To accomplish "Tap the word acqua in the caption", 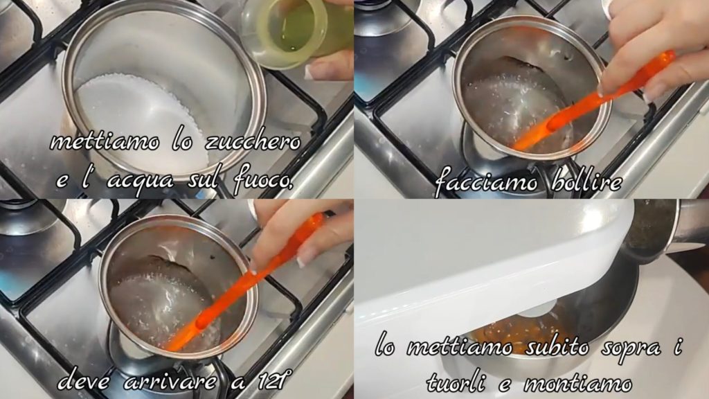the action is point(141,181).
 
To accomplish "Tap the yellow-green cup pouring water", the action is point(294,32).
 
